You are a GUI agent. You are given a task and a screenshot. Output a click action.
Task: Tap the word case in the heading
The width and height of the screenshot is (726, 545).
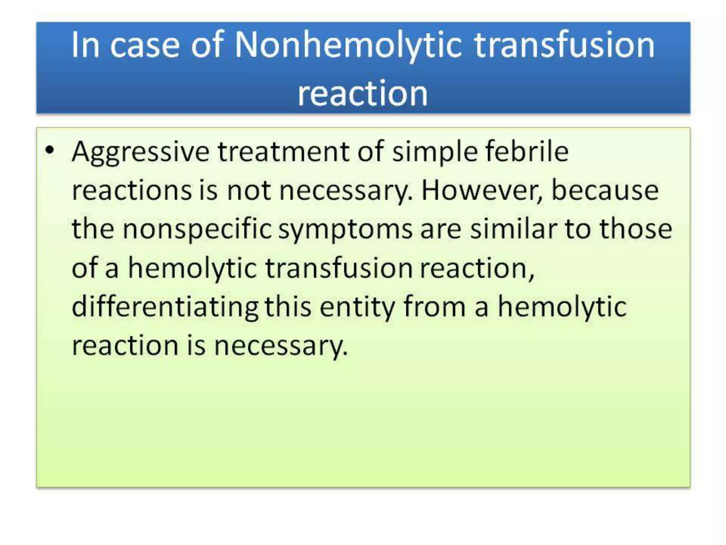[145, 45]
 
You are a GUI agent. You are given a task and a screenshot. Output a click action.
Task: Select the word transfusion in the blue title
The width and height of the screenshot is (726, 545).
[564, 45]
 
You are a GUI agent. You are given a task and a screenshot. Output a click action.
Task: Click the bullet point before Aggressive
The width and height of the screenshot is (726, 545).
[50, 150]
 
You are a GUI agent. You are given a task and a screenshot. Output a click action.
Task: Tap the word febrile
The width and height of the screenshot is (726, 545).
[527, 152]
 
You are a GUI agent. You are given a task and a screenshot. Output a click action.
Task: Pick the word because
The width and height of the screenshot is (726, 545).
[605, 191]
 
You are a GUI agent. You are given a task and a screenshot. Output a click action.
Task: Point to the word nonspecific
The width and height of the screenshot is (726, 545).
[197, 230]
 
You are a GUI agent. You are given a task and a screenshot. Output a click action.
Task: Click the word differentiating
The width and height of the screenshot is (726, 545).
[165, 307]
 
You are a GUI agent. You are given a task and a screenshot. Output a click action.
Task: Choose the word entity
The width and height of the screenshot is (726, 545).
[357, 307]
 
